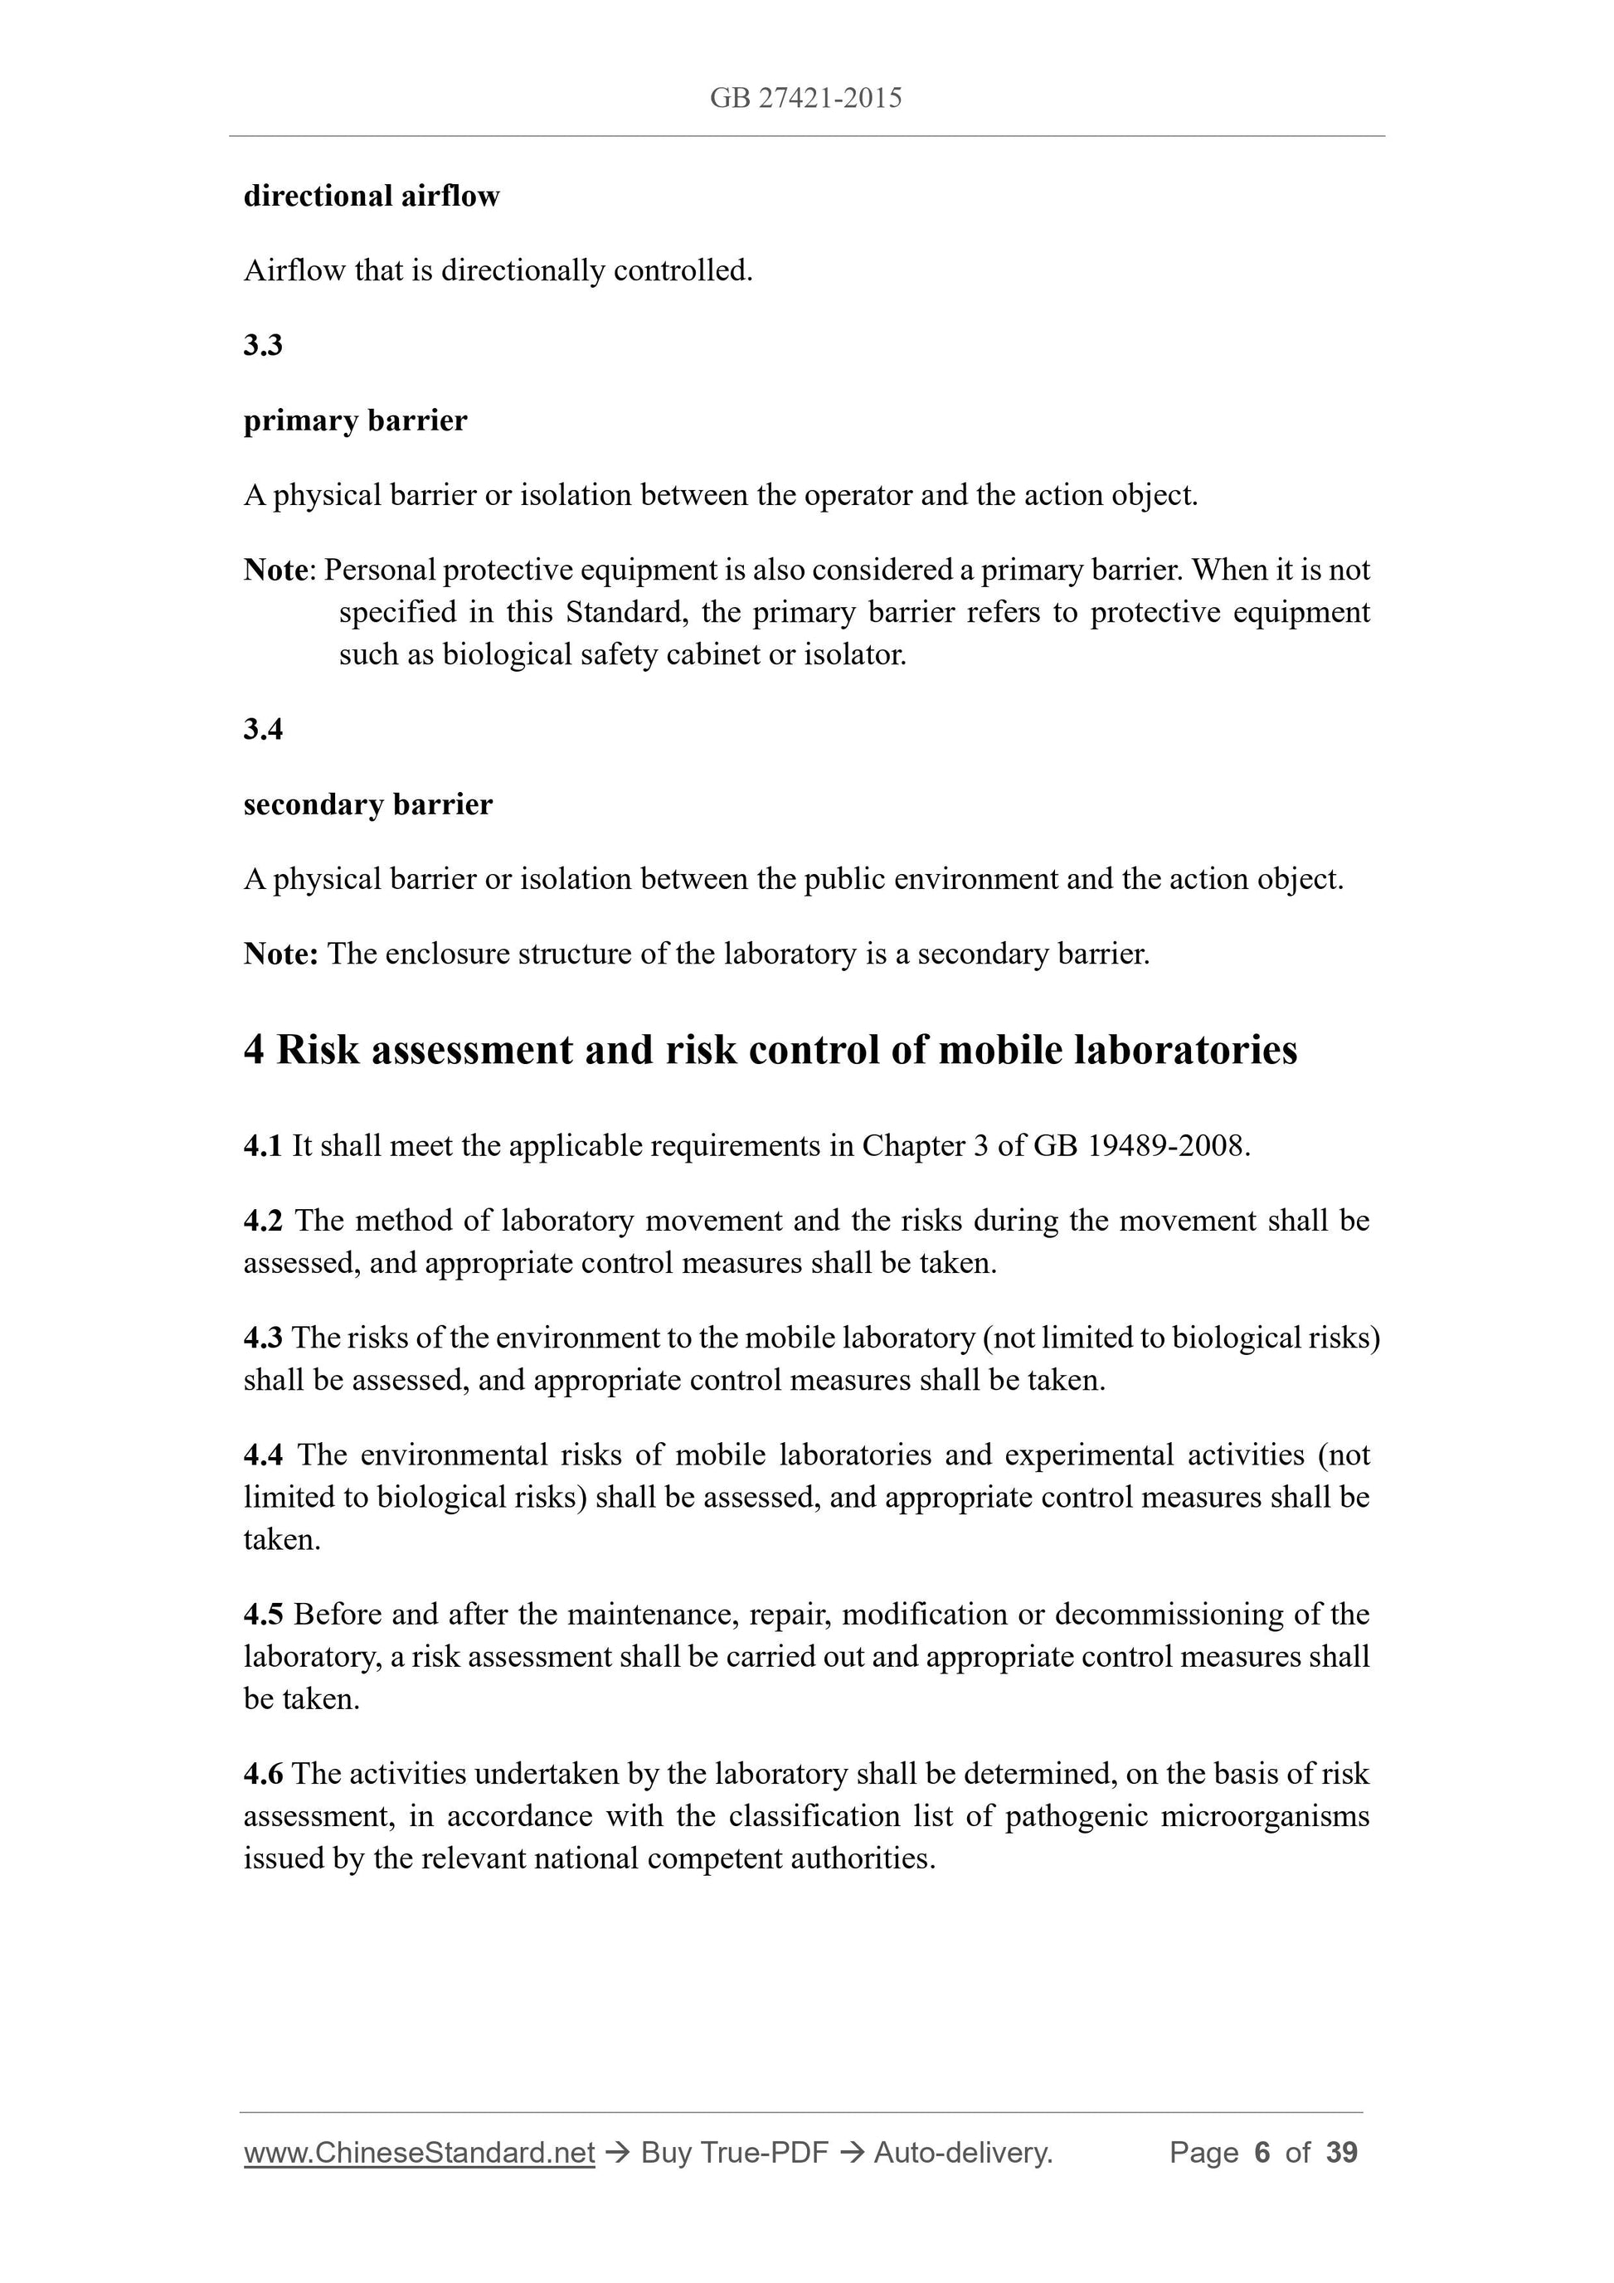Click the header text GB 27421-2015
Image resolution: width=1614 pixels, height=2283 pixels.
(805, 98)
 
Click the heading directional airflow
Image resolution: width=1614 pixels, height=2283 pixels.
(371, 196)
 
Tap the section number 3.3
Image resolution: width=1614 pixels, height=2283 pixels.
(263, 345)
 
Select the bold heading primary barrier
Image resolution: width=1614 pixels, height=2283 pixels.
(355, 420)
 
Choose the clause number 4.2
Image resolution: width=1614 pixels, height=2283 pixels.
(263, 1220)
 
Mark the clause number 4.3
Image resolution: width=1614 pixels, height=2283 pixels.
(263, 1338)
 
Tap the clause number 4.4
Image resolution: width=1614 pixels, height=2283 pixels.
(263, 1455)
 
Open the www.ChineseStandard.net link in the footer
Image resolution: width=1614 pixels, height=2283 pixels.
(419, 2153)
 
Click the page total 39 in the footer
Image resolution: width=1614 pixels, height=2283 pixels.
(1341, 2153)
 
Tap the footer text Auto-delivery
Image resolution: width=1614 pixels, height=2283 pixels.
(963, 2153)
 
